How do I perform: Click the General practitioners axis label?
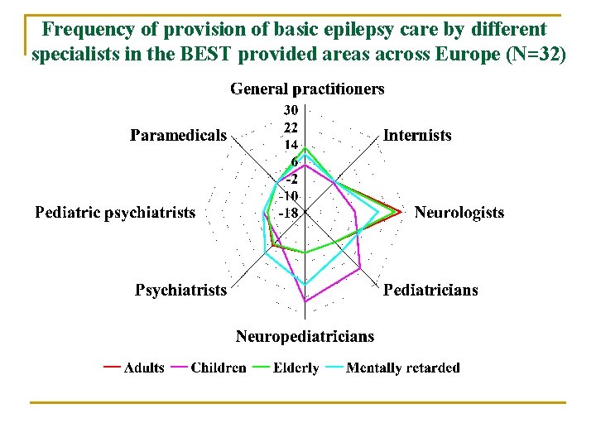click(x=306, y=89)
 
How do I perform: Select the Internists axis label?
click(x=417, y=135)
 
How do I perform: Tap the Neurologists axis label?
click(x=459, y=213)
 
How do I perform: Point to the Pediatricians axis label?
click(x=430, y=290)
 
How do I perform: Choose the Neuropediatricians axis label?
click(x=305, y=336)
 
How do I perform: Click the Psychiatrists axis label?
click(x=180, y=290)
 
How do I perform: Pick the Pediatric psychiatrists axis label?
click(x=115, y=213)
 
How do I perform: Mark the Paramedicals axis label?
click(x=178, y=135)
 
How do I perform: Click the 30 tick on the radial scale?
click(x=291, y=110)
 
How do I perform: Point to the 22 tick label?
click(x=291, y=127)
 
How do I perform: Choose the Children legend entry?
click(x=218, y=368)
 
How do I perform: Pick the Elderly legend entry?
click(x=296, y=368)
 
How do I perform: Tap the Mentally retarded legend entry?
click(x=402, y=368)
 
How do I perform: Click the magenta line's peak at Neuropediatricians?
click(x=305, y=302)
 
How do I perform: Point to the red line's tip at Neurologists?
click(x=401, y=213)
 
